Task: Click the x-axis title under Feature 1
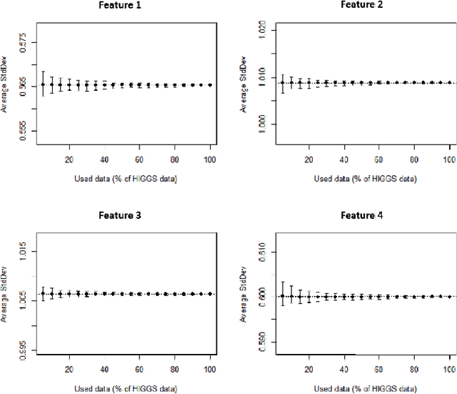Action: [123, 178]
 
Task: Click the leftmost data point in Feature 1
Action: [43, 84]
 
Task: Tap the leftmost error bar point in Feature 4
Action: [283, 295]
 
